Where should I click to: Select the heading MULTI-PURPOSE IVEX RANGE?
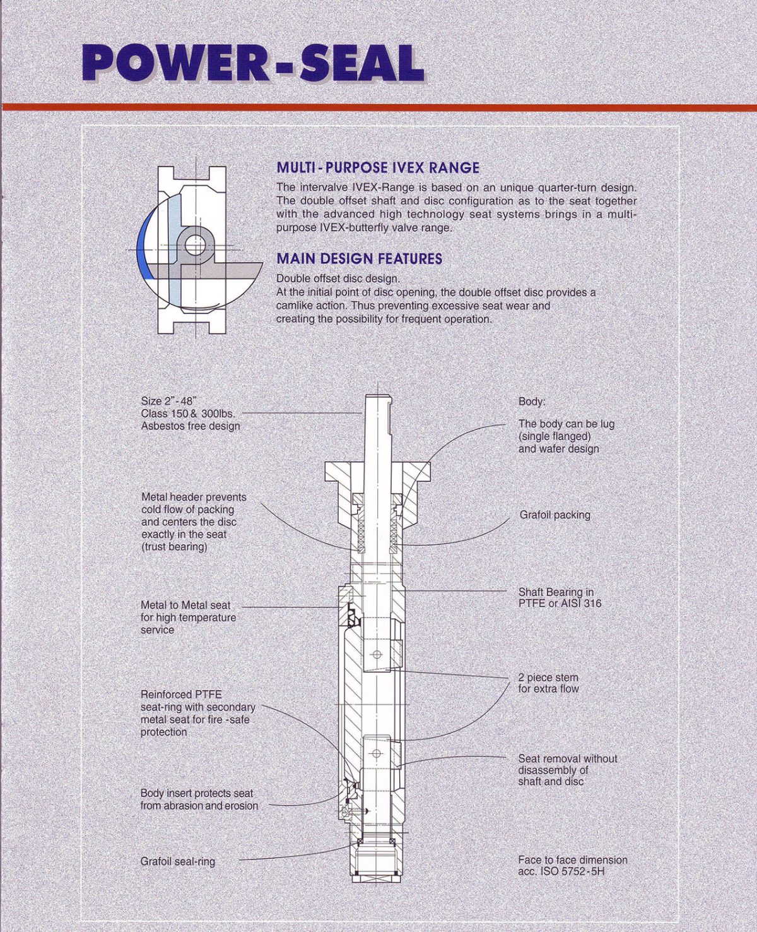pos(377,168)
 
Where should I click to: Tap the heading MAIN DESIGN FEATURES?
pos(359,259)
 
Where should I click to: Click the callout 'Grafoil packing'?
pos(555,515)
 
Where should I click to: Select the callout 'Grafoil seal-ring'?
pos(177,861)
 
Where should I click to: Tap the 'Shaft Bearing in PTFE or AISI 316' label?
pos(559,598)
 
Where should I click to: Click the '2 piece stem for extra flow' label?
pos(548,683)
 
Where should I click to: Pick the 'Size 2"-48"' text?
pos(169,401)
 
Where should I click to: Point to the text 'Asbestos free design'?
pos(190,426)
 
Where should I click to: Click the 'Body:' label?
pos(532,402)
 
